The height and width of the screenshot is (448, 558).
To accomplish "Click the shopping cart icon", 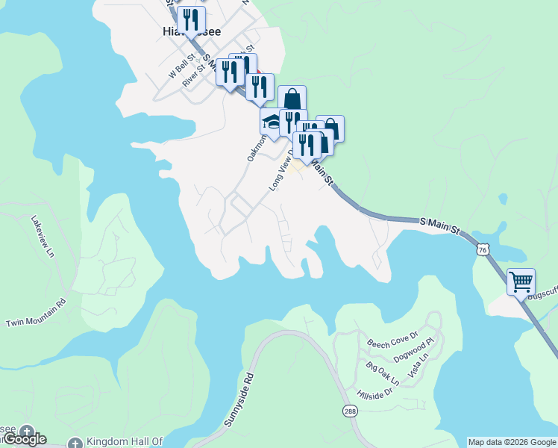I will [521, 282].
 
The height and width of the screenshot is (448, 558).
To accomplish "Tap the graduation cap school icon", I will [272, 121].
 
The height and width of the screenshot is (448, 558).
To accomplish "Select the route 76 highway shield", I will [484, 250].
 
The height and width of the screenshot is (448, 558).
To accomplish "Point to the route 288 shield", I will [350, 411].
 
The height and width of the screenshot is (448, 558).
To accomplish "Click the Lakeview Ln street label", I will [43, 237].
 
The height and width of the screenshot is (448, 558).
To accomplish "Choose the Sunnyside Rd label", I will [239, 400].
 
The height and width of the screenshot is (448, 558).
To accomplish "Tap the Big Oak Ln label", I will [383, 373].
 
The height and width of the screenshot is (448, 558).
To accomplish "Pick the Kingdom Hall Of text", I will [124, 442].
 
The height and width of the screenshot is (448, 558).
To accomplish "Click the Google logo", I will [24, 439].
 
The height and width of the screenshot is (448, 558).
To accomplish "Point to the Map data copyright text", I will [512, 442].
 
